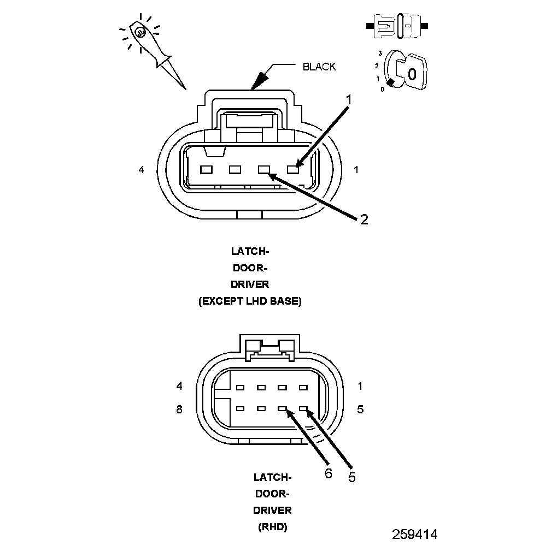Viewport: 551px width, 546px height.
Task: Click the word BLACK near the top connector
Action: point(319,67)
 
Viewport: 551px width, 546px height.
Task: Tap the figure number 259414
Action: point(414,533)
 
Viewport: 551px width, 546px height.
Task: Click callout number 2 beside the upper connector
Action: point(364,219)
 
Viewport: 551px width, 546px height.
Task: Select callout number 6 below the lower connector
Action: point(328,473)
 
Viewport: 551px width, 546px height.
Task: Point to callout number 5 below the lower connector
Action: point(351,477)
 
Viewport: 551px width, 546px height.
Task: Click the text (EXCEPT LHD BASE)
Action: point(250,301)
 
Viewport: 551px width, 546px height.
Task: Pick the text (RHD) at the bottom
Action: point(272,527)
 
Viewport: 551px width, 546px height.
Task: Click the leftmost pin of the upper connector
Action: point(206,170)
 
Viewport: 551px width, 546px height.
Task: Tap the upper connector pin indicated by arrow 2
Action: point(264,170)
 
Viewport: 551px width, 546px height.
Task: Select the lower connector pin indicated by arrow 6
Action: point(283,408)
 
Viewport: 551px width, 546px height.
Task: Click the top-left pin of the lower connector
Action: point(240,388)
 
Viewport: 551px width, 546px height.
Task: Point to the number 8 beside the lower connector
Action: point(179,410)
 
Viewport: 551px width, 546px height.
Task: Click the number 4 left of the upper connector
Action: point(142,170)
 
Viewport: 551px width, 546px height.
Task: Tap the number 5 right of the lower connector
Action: point(360,409)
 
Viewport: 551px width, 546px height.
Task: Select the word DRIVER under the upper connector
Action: point(250,284)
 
